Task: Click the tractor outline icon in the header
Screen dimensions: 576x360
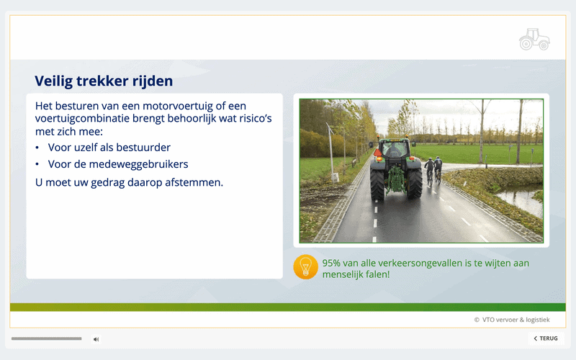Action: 534,40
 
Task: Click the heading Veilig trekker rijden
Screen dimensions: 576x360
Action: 104,81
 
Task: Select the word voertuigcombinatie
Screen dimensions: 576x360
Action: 82,119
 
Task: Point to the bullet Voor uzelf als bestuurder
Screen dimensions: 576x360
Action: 109,148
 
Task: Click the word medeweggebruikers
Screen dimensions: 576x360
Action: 138,164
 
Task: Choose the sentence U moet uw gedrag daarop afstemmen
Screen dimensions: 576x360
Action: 129,182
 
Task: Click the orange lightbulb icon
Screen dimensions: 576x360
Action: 305,267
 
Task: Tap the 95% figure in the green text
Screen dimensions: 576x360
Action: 331,263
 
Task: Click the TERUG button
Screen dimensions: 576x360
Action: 546,338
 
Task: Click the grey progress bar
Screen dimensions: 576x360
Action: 46,338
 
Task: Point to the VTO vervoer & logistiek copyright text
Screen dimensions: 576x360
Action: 512,320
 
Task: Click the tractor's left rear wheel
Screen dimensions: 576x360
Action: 377,184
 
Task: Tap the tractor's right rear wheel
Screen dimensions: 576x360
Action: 415,183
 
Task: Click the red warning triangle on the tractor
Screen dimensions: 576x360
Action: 377,153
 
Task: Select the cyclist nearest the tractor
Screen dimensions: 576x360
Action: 429,171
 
